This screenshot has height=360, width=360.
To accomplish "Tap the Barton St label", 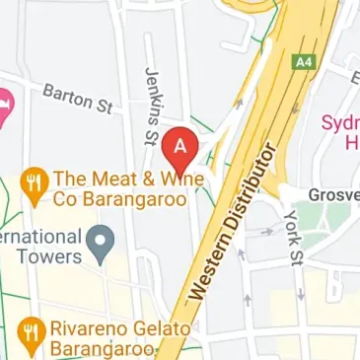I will tap(77, 98).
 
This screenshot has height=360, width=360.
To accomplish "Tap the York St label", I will tap(290, 238).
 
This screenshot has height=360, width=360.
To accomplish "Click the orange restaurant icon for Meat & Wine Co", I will tap(35, 181).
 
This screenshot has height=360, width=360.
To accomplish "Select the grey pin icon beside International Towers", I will tap(99, 239).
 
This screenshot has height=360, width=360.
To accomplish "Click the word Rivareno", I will tap(92, 328).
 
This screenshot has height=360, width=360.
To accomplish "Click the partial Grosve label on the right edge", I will tap(333, 194).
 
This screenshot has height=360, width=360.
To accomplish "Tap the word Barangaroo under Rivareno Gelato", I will tap(104, 351).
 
